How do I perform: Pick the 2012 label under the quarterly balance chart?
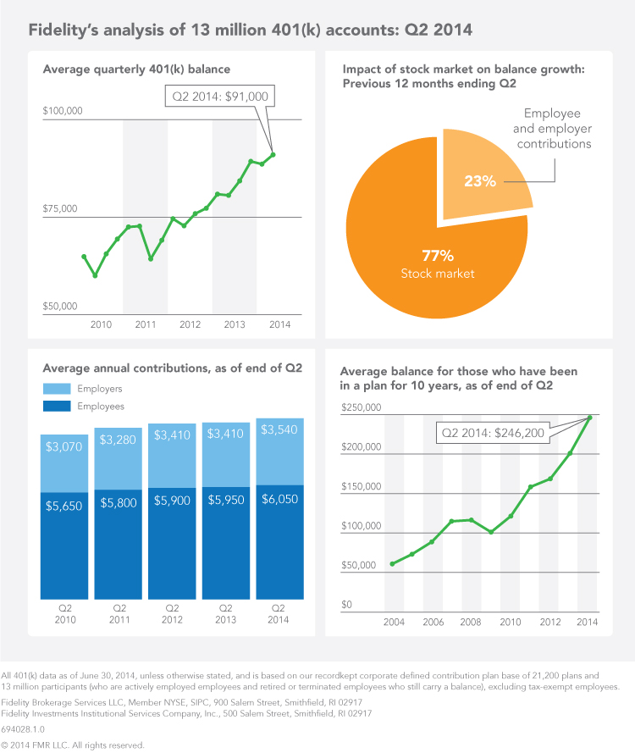click(190, 324)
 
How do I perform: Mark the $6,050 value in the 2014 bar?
click(279, 501)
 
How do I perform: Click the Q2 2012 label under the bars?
click(172, 613)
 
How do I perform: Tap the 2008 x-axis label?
click(472, 623)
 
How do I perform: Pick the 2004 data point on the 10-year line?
click(392, 564)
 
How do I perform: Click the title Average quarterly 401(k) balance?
click(136, 69)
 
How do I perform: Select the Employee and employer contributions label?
click(557, 128)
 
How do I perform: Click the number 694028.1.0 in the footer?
click(24, 728)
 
